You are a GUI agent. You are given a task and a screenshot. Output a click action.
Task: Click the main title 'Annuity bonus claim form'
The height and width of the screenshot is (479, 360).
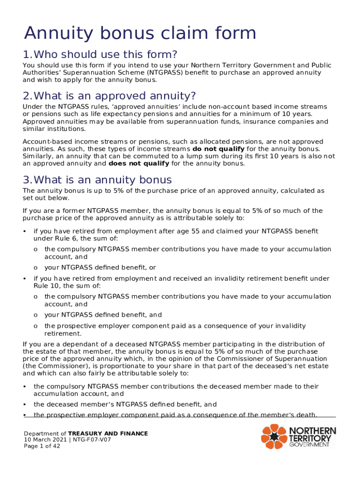pos(140,34)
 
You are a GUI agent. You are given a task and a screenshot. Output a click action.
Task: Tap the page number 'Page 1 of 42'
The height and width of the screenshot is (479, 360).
pos(42,446)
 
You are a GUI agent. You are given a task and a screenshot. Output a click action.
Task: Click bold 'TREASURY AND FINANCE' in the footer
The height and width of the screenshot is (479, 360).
pos(108,434)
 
